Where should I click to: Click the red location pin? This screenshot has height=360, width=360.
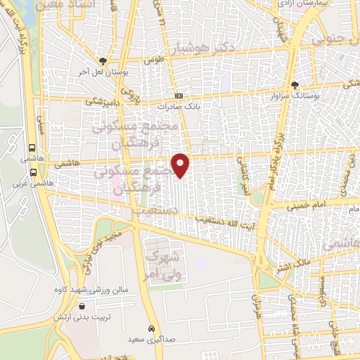pos(181,165)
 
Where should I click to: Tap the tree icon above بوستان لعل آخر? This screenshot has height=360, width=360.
pos(103,61)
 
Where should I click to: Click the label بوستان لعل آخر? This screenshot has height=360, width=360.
pos(103,72)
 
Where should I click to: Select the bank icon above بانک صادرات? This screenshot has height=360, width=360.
pos(179,96)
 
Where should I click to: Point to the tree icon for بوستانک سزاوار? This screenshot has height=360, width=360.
pos(295,84)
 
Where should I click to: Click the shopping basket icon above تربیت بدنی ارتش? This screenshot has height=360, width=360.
pos(83,307)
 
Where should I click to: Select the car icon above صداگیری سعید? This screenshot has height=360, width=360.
pos(151,328)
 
